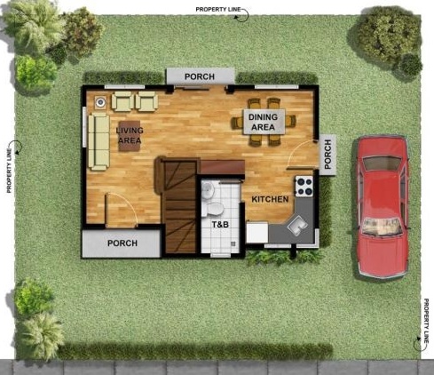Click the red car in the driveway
(383, 207)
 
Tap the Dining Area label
(264, 122)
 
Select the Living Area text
(130, 135)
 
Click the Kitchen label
(270, 199)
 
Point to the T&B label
(220, 225)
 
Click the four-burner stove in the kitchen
(304, 187)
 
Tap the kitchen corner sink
(297, 226)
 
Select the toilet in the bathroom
(213, 210)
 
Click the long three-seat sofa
(99, 141)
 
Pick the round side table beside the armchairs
(100, 102)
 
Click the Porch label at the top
(200, 76)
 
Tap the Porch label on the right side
(327, 155)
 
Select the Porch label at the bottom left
(122, 243)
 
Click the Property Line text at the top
(218, 10)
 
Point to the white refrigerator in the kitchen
(257, 233)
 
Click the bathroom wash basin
(208, 189)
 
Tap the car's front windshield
(382, 227)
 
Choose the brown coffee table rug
(130, 136)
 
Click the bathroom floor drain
(233, 243)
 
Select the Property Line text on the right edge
(426, 321)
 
